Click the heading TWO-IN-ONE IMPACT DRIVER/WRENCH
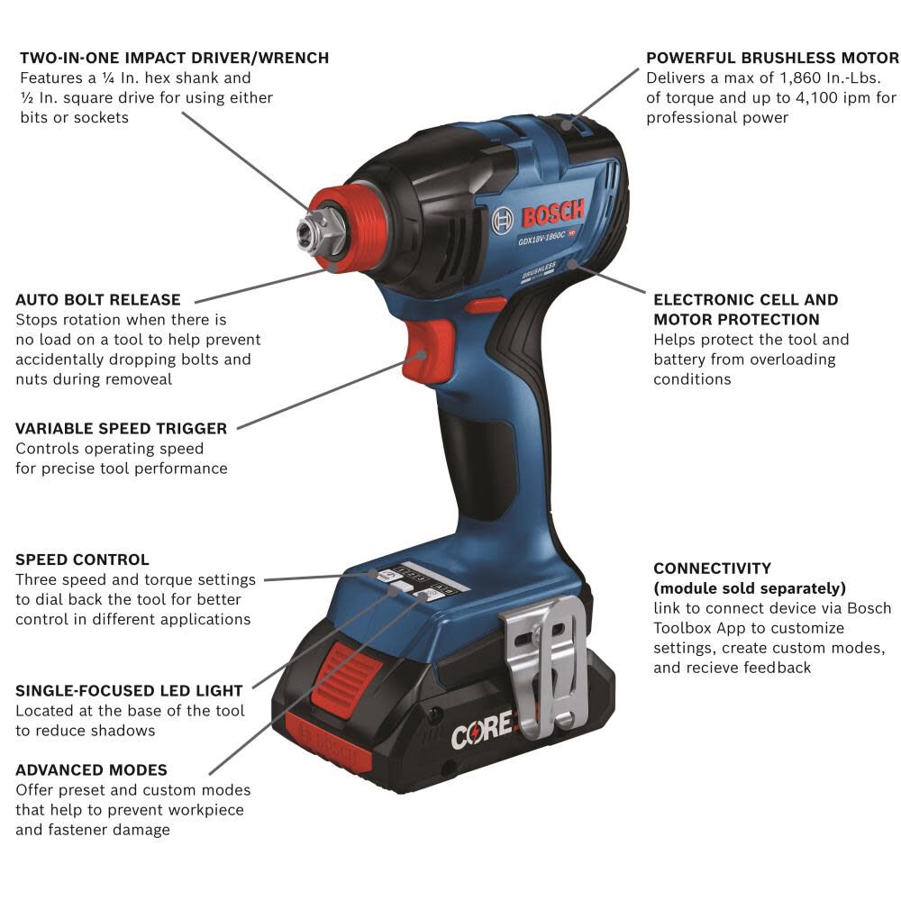click(174, 58)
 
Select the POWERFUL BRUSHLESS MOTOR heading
click(772, 58)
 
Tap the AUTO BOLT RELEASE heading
click(98, 299)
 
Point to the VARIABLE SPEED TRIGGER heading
click(121, 428)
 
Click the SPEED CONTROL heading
click(82, 560)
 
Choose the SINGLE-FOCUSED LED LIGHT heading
click(129, 690)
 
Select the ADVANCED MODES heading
click(91, 769)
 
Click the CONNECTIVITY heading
click(712, 568)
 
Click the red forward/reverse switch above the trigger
click(487, 305)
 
